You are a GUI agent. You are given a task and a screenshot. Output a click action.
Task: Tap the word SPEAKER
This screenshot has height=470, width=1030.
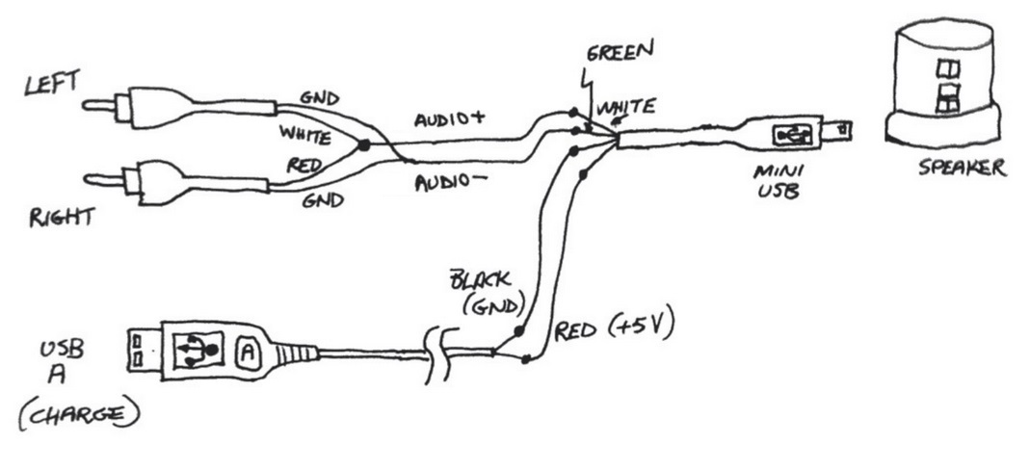(961, 169)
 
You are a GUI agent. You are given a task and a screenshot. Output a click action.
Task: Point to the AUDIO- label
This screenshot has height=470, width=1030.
(448, 182)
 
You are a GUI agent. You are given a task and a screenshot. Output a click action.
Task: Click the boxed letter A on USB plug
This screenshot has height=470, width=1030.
(246, 352)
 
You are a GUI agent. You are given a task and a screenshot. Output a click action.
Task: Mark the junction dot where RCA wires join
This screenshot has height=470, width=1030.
(364, 145)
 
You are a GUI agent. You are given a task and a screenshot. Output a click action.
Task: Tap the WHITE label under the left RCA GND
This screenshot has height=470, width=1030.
(305, 130)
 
